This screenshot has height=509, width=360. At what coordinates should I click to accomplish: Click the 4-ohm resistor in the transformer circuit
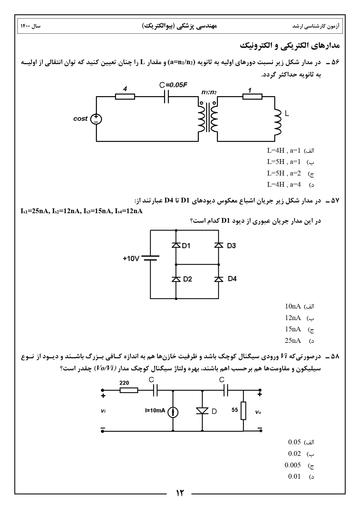click(125, 97)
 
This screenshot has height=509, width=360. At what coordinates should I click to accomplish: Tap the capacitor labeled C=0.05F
click(166, 97)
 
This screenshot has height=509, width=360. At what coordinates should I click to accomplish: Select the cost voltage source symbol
click(96, 119)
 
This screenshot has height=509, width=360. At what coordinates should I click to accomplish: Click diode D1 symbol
click(176, 245)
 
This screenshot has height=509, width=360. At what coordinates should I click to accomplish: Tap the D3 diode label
click(231, 246)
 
